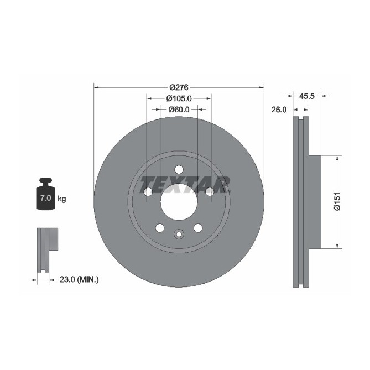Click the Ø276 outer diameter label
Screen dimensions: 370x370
(x=179, y=87)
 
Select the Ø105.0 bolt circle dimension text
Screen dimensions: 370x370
(x=179, y=98)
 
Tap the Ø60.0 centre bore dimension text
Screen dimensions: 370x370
(x=179, y=110)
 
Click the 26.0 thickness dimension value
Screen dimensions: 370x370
(x=279, y=110)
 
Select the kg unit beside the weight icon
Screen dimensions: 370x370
(x=62, y=199)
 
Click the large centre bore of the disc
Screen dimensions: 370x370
(x=179, y=201)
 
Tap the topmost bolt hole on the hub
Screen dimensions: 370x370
(x=179, y=170)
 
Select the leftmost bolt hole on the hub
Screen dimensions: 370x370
(x=148, y=192)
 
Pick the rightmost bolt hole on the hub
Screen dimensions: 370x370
(x=210, y=192)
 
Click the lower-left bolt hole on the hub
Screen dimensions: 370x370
(x=160, y=228)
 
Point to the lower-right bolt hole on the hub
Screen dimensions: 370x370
(x=197, y=228)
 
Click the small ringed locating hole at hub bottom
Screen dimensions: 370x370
(x=179, y=234)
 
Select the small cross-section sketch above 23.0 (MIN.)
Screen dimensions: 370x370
(x=46, y=249)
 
